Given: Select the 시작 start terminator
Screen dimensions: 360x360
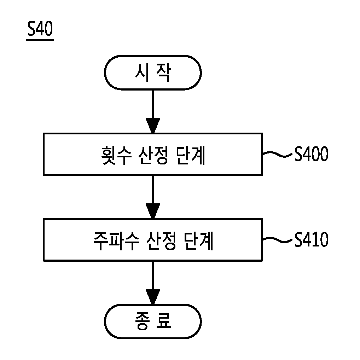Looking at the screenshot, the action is click(153, 72).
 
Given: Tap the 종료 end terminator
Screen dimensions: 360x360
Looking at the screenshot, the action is click(153, 321).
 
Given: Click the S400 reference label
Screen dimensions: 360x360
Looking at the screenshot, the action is click(312, 154).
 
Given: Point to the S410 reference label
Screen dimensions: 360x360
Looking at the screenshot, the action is click(312, 239).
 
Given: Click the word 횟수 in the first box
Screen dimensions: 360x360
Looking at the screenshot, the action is click(117, 155).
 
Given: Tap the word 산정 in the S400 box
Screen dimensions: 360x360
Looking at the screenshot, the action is click(154, 155).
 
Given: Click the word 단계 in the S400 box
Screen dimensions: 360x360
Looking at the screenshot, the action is click(191, 155).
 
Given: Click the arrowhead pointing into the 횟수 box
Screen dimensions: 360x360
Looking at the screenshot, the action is click(153, 125).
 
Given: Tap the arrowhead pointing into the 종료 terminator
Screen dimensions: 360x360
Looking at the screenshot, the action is click(153, 297).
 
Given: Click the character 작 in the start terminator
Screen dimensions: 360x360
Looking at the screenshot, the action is click(164, 72).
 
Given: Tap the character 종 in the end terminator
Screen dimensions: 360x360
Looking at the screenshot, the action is click(143, 321).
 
